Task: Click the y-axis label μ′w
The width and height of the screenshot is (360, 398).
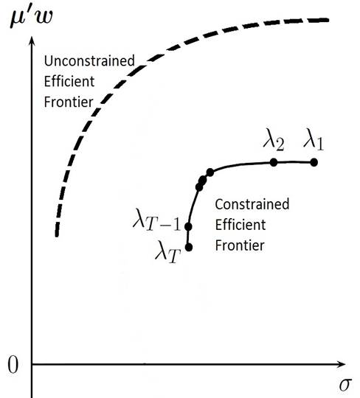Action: [x=32, y=17]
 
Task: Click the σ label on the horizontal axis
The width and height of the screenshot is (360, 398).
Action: [x=345, y=385]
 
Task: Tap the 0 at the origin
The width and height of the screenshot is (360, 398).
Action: [x=13, y=365]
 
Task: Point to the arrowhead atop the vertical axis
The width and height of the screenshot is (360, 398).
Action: [x=32, y=41]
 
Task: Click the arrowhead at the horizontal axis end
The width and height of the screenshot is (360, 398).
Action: [x=341, y=364]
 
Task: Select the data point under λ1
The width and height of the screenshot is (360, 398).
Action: [x=314, y=162]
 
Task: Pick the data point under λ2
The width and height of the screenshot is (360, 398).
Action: [x=274, y=162]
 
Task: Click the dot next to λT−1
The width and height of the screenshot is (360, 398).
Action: [x=188, y=227]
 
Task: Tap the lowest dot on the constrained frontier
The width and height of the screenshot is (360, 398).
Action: [x=189, y=247]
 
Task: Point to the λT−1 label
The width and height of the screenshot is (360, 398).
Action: [x=156, y=220]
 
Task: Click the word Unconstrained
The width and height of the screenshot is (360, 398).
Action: [x=89, y=61]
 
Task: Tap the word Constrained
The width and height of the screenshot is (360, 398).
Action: [x=252, y=204]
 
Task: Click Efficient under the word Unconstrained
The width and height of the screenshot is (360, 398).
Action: [x=69, y=81]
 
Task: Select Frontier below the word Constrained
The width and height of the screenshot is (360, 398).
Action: [x=240, y=245]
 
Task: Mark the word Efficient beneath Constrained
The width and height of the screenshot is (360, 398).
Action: [x=240, y=225]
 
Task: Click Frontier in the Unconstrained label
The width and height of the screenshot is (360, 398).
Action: [x=69, y=102]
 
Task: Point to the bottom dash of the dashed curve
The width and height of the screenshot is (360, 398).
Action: [x=57, y=229]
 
